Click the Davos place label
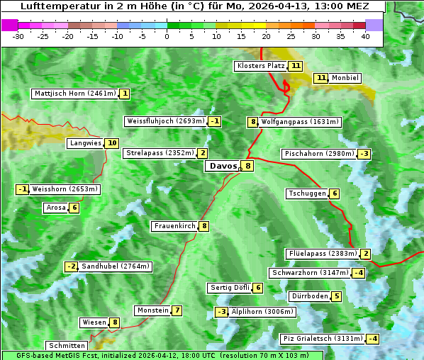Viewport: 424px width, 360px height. (222, 167)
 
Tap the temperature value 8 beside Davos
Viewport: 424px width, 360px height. (247, 167)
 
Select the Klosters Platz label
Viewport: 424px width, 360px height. (261, 66)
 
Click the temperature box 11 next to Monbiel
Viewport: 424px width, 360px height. (320, 78)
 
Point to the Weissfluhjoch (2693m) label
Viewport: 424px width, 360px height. (165, 121)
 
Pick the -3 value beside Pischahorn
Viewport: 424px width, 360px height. (364, 154)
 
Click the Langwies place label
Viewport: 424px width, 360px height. (86, 143)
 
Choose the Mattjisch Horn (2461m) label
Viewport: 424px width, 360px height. (74, 94)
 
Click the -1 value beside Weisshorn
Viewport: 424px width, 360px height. (23, 189)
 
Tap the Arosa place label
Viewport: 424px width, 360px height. (56, 208)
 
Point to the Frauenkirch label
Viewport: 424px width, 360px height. (174, 226)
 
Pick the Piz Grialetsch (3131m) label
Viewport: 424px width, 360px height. (323, 339)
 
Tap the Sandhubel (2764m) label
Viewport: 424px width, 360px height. (116, 266)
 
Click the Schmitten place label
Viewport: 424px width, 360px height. (69, 346)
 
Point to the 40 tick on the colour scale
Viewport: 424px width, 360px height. (365, 36)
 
